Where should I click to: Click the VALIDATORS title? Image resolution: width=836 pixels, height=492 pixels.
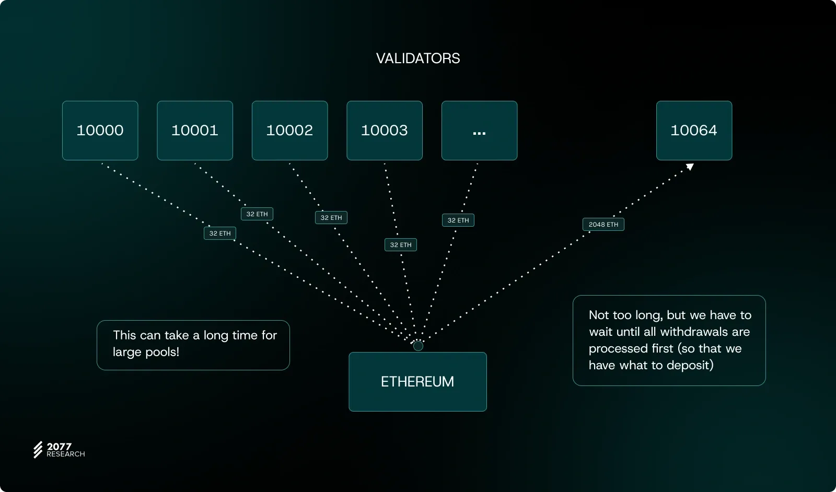[x=418, y=58]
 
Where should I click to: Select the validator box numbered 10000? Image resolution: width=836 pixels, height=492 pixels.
[x=100, y=131]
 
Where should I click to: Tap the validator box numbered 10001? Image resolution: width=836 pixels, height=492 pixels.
[x=195, y=131]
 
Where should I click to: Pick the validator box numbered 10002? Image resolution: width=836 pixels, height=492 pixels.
[x=289, y=131]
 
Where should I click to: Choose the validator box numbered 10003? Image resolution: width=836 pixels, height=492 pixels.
[x=385, y=131]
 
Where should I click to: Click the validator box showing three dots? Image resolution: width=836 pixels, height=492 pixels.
[x=479, y=131]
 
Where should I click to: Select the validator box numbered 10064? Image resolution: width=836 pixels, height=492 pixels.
[x=694, y=131]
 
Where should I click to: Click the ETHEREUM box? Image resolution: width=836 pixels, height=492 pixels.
[x=417, y=382]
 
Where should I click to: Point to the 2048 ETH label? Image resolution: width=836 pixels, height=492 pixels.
[x=603, y=225]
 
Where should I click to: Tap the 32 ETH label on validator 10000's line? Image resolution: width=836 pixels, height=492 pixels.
[x=220, y=233]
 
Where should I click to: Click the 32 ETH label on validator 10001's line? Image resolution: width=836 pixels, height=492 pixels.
[x=257, y=214]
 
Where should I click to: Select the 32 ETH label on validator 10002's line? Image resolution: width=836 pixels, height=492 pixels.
[x=331, y=218]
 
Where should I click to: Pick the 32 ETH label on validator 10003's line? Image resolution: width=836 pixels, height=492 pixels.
[x=401, y=245]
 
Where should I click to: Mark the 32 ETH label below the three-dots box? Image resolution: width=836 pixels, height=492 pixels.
[x=458, y=220]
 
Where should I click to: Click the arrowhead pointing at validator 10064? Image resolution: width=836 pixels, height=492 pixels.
[x=690, y=167]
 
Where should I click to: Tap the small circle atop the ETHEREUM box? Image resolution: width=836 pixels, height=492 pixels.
[x=418, y=346]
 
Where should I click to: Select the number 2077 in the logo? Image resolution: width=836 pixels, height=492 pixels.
[x=59, y=447]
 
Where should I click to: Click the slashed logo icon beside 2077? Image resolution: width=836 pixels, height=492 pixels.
[x=38, y=450]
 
